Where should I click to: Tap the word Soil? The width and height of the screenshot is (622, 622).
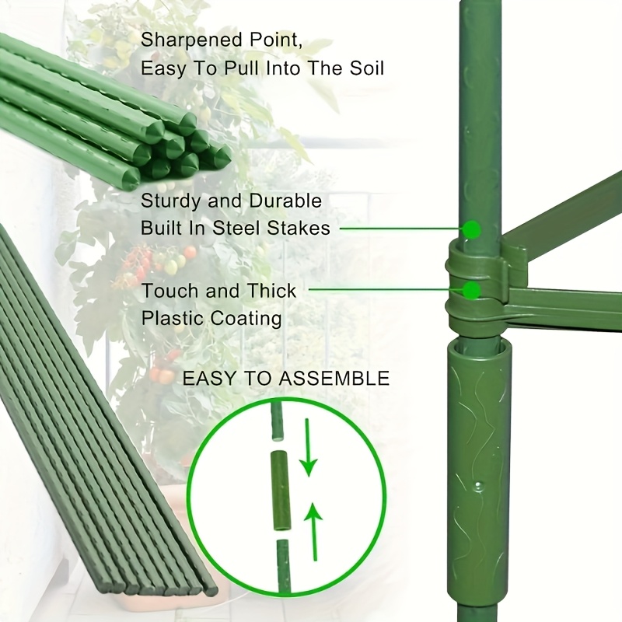(366, 68)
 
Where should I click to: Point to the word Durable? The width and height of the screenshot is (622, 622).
(285, 201)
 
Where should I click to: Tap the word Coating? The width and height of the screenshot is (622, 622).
(246, 319)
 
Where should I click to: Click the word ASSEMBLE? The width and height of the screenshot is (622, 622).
(334, 379)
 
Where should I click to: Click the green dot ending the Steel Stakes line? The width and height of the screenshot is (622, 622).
(472, 229)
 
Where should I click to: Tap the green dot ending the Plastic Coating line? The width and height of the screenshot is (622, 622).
(472, 289)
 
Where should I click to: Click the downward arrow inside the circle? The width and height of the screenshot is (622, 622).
(309, 448)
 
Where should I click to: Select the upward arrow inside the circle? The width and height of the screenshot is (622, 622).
(314, 532)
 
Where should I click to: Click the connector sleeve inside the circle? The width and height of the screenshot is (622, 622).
(281, 491)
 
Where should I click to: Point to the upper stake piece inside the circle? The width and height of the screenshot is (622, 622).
(278, 421)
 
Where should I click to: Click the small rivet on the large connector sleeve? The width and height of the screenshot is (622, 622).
(479, 485)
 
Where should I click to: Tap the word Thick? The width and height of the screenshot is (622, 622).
(271, 291)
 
